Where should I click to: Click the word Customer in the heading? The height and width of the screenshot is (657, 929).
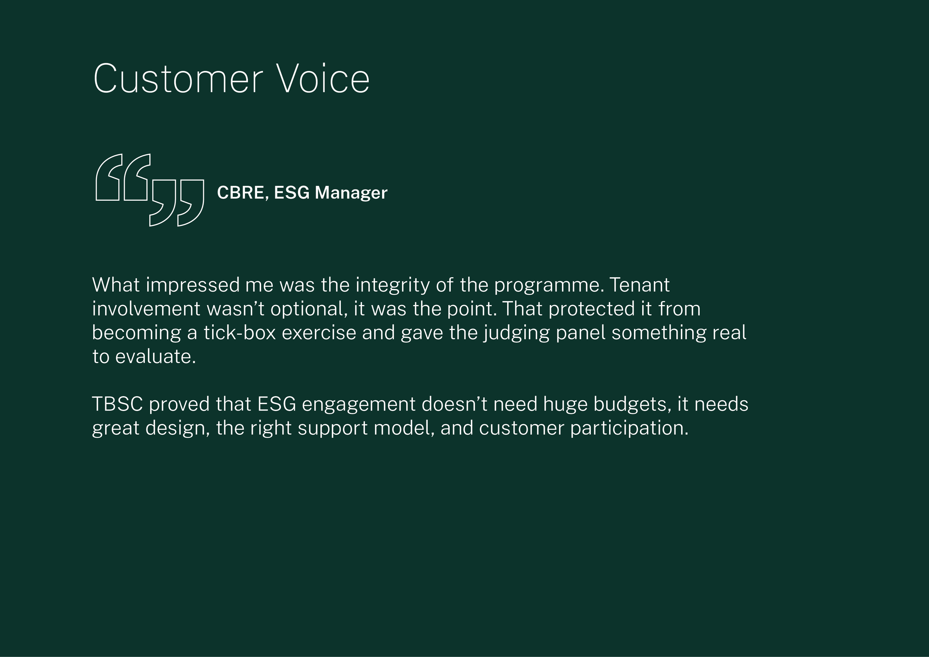pos(178,79)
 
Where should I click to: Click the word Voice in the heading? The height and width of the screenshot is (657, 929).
pos(323,79)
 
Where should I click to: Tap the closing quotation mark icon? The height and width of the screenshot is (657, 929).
pos(177,202)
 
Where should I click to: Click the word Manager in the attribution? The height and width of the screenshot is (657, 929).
pos(351,193)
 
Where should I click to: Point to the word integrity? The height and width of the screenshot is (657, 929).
pos(392,285)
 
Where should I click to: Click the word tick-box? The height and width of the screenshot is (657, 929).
pos(240,333)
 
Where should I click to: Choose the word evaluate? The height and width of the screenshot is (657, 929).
pos(155,357)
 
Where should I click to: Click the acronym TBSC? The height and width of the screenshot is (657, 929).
pos(117,404)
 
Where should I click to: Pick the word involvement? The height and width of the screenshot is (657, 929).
pos(146,309)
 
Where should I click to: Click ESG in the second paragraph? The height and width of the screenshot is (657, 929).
pos(276,404)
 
